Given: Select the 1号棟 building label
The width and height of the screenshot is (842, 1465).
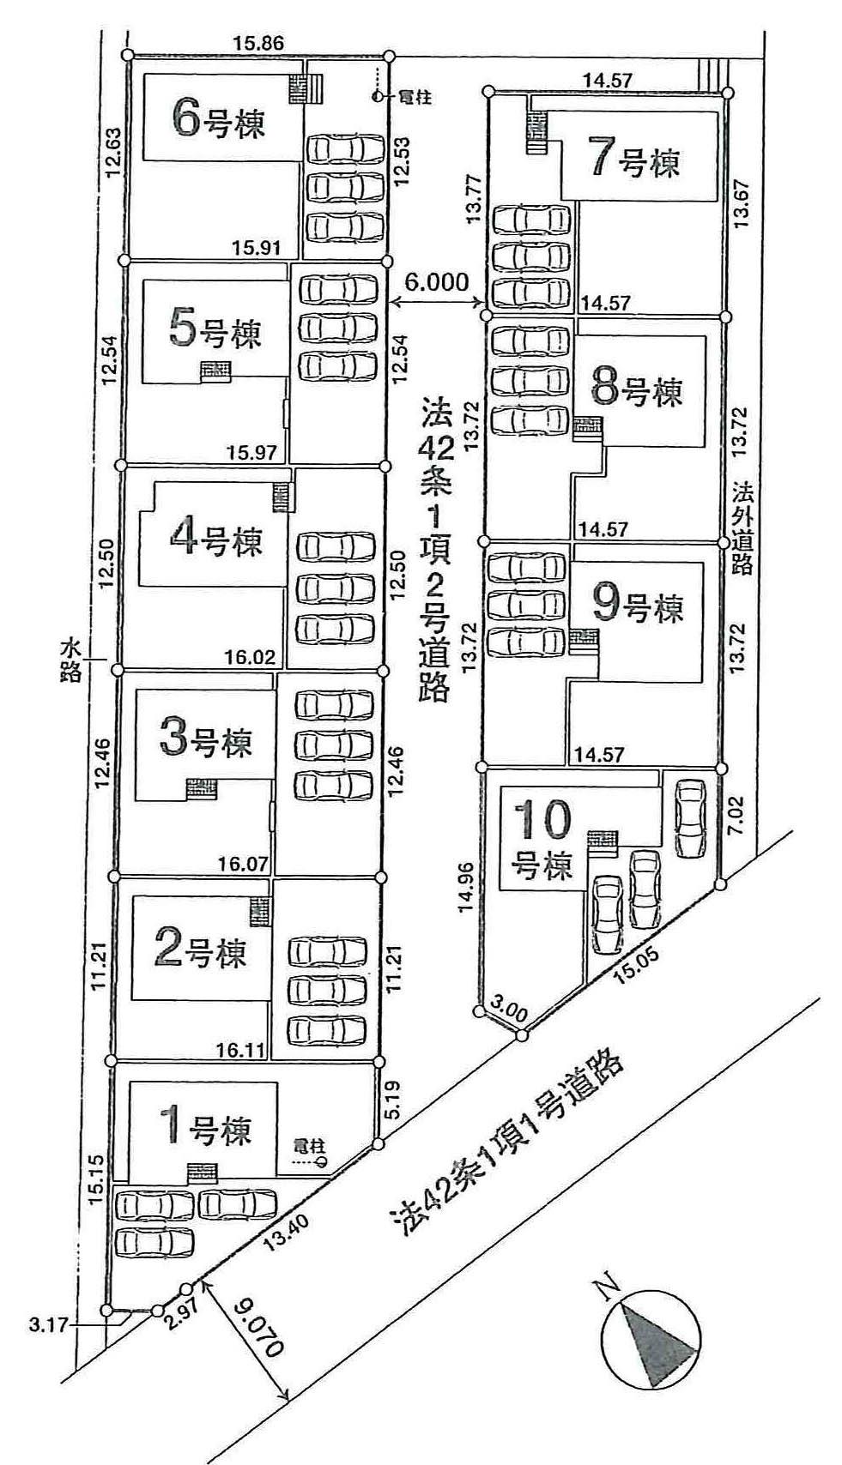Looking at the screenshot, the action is (x=209, y=1128).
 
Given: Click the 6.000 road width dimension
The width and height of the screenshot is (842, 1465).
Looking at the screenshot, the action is (x=437, y=281).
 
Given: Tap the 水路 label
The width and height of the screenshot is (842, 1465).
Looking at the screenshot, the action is (x=72, y=658).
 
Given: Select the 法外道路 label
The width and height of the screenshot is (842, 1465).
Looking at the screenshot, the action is (x=742, y=528).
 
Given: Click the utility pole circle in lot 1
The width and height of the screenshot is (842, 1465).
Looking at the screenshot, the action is (x=322, y=1163).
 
